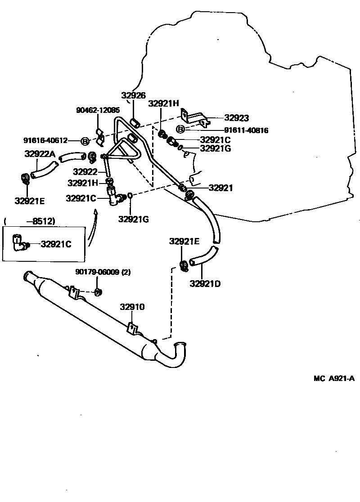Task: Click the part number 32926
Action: [x=133, y=95]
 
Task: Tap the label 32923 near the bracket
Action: [x=236, y=118]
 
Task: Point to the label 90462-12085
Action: [x=98, y=110]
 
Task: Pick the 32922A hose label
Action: [x=40, y=154]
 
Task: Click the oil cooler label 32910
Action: [x=132, y=307]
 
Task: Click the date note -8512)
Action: [x=41, y=221]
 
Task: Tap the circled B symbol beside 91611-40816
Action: [x=180, y=130]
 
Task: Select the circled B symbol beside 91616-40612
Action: [x=85, y=141]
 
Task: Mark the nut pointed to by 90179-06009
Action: [x=99, y=292]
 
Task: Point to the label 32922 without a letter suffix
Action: [x=85, y=171]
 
